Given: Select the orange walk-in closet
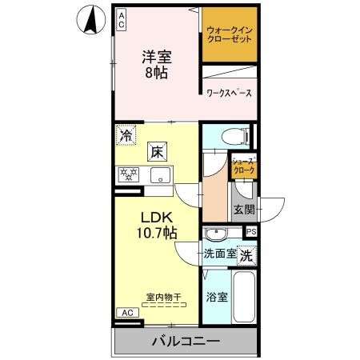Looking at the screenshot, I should tap(229, 35).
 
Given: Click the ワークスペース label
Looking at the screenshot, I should tap(229, 93).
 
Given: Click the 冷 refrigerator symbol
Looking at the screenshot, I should tap(125, 136).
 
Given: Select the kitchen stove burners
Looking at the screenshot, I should tap(129, 174).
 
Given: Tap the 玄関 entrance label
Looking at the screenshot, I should tap(244, 210).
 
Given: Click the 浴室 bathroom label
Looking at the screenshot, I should tap(215, 297).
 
